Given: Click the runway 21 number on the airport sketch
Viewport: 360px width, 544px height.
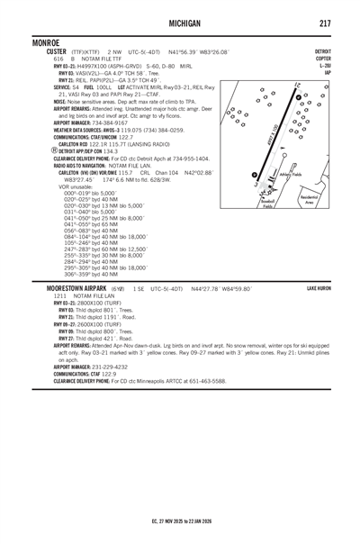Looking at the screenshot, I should (x=294, y=85).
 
